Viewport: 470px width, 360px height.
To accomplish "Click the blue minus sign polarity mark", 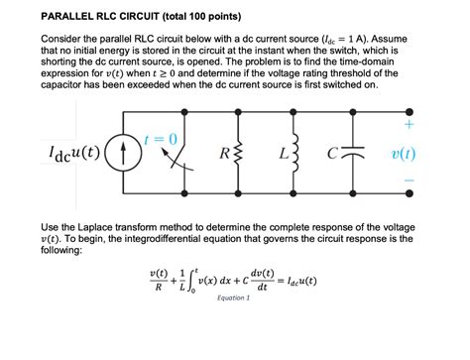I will pyautogui.click(x=410, y=182).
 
